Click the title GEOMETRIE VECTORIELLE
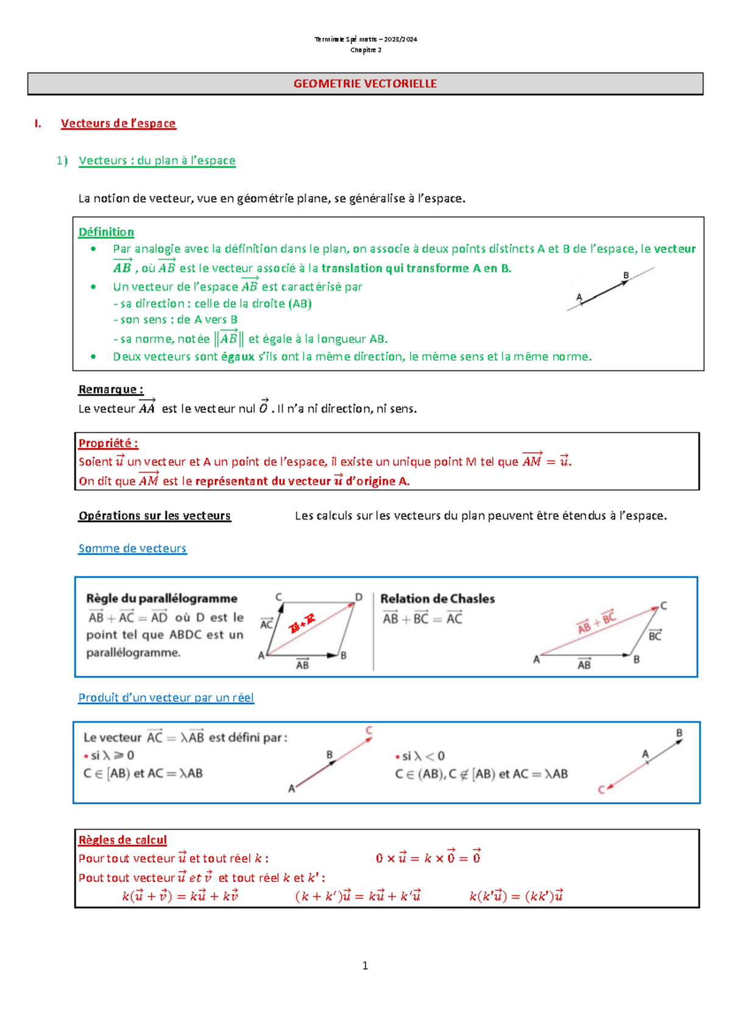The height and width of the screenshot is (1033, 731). click(x=365, y=83)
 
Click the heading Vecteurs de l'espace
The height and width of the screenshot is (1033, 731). click(x=118, y=124)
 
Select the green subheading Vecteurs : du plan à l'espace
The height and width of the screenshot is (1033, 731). click(x=157, y=160)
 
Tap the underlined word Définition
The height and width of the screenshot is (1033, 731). click(x=106, y=232)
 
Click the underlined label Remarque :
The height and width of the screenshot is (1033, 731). click(x=111, y=389)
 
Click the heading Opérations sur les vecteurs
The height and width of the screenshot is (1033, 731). click(x=155, y=516)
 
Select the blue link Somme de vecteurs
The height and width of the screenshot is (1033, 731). click(x=132, y=548)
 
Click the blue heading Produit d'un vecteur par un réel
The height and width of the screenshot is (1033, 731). click(x=166, y=697)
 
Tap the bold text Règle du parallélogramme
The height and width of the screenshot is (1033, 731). click(x=161, y=598)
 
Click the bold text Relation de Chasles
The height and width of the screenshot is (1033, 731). click(x=437, y=599)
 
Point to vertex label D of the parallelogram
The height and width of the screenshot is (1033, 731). click(x=359, y=597)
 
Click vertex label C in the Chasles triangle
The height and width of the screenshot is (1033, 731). click(x=663, y=605)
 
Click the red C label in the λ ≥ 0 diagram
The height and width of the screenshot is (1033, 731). click(x=369, y=730)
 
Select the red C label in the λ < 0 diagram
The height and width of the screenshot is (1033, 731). click(x=601, y=790)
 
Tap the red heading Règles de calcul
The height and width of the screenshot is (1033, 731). click(x=122, y=840)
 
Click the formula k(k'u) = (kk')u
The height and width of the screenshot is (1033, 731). click(x=516, y=896)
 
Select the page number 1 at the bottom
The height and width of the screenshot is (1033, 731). click(x=365, y=965)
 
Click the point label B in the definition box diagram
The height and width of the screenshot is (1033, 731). click(x=626, y=275)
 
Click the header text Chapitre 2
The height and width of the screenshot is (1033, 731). click(x=365, y=50)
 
